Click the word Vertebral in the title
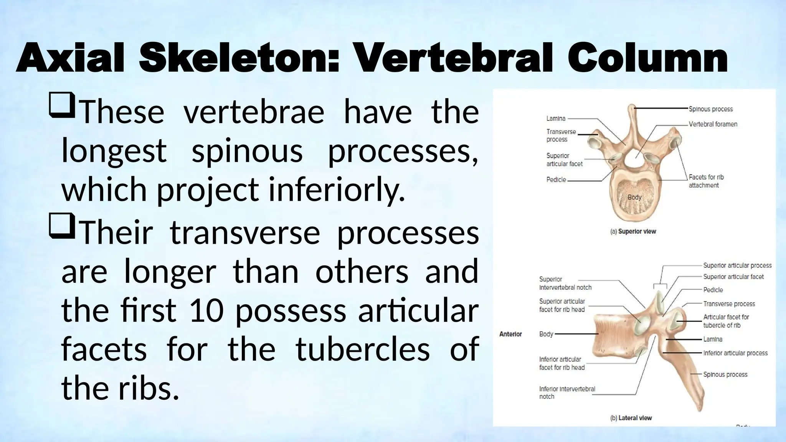pos(454,58)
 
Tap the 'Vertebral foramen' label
pos(713,124)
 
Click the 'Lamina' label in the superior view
pos(556,119)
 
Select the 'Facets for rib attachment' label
pos(706,181)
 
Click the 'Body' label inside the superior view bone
pos(634,197)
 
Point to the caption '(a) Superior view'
pos(633,231)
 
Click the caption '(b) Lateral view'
pos(631,418)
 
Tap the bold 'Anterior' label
pos(510,334)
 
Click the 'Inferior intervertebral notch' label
pos(567,393)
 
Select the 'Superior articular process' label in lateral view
pos(737,266)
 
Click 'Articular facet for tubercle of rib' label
pos(726,321)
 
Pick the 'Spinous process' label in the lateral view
pos(725,374)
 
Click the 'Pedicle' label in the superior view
pos(556,180)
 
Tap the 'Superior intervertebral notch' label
pos(565,283)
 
